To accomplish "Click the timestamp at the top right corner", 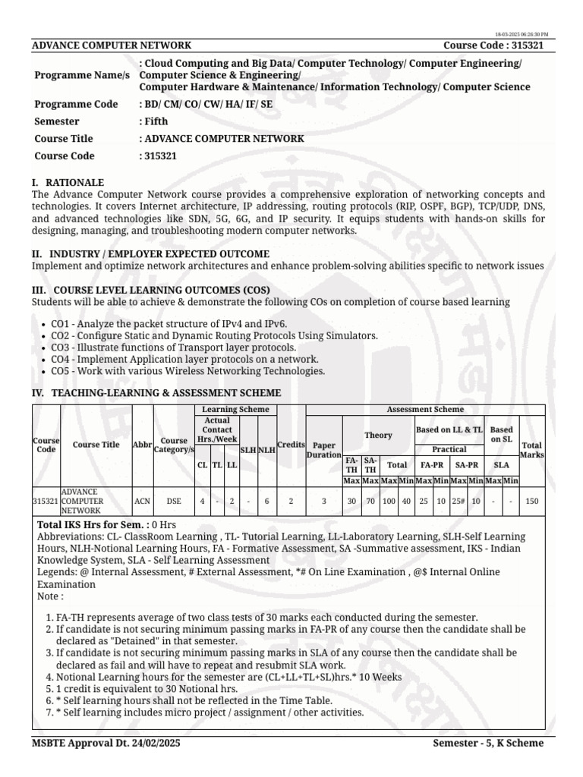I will coord(522,34).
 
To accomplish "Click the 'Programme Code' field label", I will coord(76,104).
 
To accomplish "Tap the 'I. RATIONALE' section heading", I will coord(68,183).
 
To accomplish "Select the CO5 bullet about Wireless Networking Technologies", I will coord(188,371).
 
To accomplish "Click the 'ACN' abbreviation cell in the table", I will coord(142,501).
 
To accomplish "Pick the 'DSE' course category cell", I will coord(174,501).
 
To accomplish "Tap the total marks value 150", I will coord(531,501).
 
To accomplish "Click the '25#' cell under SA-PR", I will coord(458,501).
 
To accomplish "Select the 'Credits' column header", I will coord(291,445).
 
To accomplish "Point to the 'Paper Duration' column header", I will coord(324,450).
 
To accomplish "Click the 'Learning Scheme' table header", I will coord(235,410).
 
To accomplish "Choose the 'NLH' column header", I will coord(266,450).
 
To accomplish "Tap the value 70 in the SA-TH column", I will coord(370,501).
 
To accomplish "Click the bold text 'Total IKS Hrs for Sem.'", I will coord(93,524).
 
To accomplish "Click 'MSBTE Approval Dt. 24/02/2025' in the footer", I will coord(106,743).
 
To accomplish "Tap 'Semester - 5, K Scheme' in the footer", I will coord(488,743).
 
